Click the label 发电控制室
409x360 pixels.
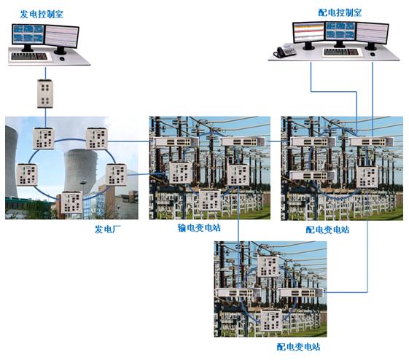click(42, 14)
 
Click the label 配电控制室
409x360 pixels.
click(340, 12)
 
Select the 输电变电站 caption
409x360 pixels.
click(199, 228)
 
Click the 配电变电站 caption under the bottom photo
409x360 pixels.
click(298, 347)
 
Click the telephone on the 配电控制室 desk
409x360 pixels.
click(284, 51)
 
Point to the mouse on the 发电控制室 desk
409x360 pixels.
click(62, 58)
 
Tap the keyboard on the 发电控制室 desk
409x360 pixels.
click(29, 56)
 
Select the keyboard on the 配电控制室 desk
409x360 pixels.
click(341, 52)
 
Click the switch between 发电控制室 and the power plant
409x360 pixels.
click(45, 93)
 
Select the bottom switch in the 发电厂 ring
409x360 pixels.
click(71, 203)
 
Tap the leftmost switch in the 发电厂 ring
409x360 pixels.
click(27, 175)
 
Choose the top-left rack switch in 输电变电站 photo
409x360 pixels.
click(176, 142)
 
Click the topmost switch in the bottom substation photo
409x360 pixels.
click(268, 266)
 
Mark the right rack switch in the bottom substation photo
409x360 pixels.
click(301, 293)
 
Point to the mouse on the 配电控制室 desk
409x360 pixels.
click(373, 54)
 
